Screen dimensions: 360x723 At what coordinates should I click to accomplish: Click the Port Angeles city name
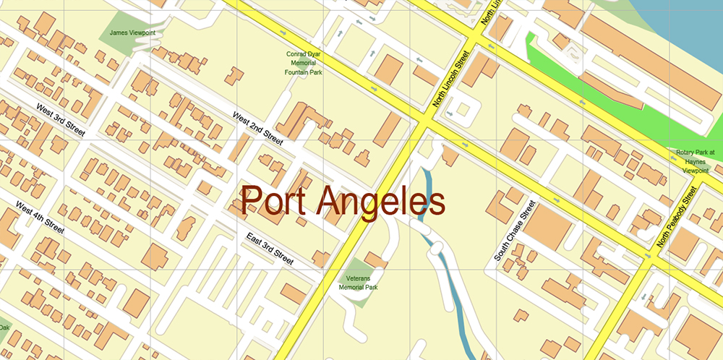(x=343, y=201)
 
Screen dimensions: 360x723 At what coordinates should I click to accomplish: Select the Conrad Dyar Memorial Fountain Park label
(x=303, y=64)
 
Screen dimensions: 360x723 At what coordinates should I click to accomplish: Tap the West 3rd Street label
(x=61, y=120)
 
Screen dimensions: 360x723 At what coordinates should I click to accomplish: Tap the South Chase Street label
(x=515, y=231)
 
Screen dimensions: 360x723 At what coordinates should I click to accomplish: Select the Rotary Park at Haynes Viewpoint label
(x=696, y=162)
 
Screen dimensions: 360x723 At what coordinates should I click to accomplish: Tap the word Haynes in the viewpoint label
(x=696, y=162)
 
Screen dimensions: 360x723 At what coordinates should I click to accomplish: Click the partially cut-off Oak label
(x=4, y=327)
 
